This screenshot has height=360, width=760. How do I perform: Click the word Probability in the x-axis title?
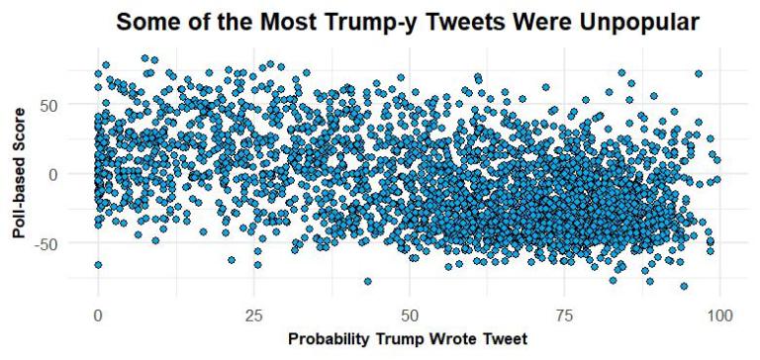332,339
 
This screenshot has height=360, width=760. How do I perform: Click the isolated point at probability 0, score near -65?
98,264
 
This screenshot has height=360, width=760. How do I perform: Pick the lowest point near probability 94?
683,286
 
